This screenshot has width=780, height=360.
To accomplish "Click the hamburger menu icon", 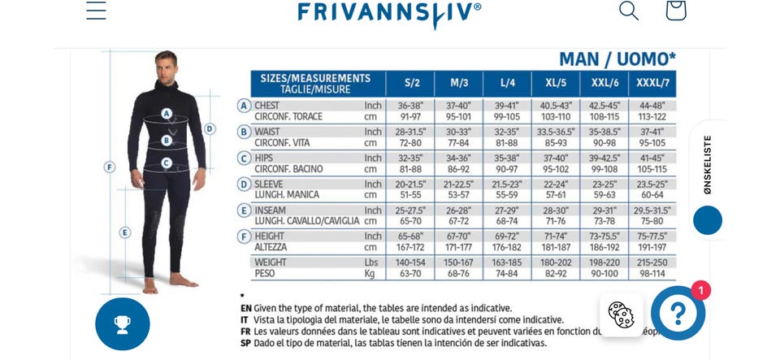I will pos(96,11).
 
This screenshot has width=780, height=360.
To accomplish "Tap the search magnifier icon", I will pos(628,11).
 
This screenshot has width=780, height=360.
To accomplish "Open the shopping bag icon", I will pos(675,11).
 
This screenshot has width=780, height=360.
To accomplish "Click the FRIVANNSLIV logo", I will pos(389,12).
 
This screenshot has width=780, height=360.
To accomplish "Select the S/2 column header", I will pos(412,83).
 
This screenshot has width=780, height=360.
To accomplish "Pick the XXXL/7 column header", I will pos(652,83).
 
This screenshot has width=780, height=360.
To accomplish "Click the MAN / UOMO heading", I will pos(617,59).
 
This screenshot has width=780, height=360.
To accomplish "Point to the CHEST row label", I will pos(269,106).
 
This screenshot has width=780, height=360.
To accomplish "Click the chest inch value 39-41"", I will pos(507,106).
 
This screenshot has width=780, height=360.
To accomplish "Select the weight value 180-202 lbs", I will pos(556,262).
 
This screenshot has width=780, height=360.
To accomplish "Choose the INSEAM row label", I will pos(272,210).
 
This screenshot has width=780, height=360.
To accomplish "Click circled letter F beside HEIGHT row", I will pos(244,236).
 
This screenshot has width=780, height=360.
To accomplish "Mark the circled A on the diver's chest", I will pos(167,114).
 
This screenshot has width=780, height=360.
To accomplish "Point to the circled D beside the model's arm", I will pos(210,128).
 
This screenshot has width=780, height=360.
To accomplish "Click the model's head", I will pos(166,65).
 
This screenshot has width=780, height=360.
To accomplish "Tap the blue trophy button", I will pos(123,323).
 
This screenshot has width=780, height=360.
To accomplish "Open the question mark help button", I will pos(678,312).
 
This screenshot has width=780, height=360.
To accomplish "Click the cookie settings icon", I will pos(622,314).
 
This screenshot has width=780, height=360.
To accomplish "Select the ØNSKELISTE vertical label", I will pos(707,164).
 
